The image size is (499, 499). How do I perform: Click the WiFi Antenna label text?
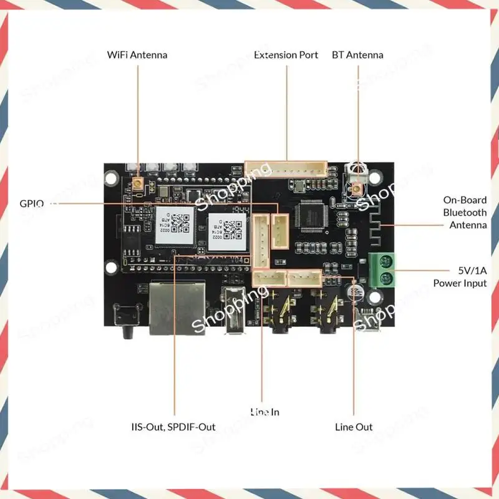137,55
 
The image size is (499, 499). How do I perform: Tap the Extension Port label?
286,55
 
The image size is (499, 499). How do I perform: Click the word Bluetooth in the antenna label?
465,213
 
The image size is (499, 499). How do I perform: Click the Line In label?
264,412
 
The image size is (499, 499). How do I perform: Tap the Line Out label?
354,427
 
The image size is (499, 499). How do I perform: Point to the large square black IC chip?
310,215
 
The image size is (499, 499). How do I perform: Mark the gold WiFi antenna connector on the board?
136,185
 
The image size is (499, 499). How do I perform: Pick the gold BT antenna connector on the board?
357,188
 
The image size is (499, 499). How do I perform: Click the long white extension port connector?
286,170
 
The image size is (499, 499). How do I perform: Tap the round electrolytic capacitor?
355,294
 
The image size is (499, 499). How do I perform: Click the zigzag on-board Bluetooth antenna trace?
372,231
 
